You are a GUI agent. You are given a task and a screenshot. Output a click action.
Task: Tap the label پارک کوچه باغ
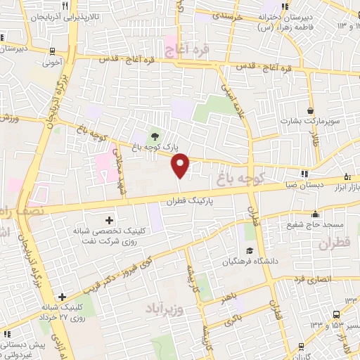point(154,148)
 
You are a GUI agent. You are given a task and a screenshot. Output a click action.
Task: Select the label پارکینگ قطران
point(188,200)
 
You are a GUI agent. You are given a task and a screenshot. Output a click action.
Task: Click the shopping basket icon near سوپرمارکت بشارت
point(311,110)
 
